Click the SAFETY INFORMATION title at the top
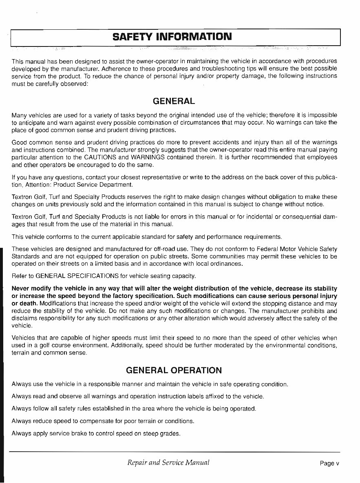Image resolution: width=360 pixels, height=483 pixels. pos(172,37)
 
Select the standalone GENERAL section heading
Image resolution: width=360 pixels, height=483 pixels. pos(173,101)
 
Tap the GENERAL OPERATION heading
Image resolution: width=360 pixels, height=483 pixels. pos(174,370)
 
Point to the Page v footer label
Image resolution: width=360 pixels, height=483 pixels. pos(329,463)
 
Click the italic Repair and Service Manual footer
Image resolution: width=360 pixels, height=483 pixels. pos(168,462)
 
